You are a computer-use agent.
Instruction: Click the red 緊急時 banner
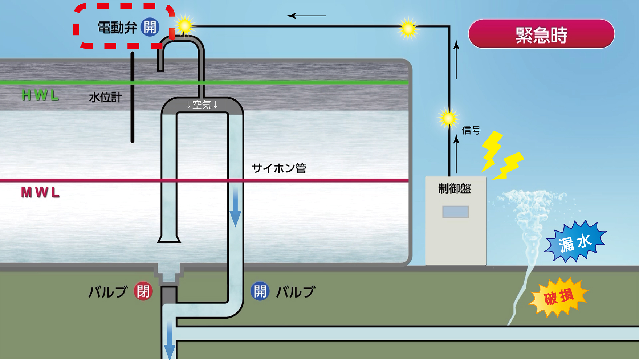[541, 34]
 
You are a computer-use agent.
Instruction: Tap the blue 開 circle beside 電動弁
[150, 27]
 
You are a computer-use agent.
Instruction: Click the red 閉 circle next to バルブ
[143, 291]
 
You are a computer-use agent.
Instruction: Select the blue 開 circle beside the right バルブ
[260, 291]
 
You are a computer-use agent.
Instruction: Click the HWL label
[40, 95]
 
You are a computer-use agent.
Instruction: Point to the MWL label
[40, 192]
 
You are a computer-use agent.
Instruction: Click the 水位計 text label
[105, 97]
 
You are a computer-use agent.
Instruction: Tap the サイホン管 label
[279, 168]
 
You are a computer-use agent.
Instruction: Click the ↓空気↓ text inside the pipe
[202, 105]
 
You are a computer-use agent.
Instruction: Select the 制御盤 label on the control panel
[455, 189]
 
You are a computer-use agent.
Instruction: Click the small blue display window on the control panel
[455, 212]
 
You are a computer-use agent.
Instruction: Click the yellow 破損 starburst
[559, 297]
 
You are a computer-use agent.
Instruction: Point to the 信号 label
[471, 130]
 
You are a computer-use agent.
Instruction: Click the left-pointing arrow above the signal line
[306, 16]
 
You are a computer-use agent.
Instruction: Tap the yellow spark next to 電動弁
[184, 26]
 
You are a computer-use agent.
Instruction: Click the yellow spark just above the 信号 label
[448, 118]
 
